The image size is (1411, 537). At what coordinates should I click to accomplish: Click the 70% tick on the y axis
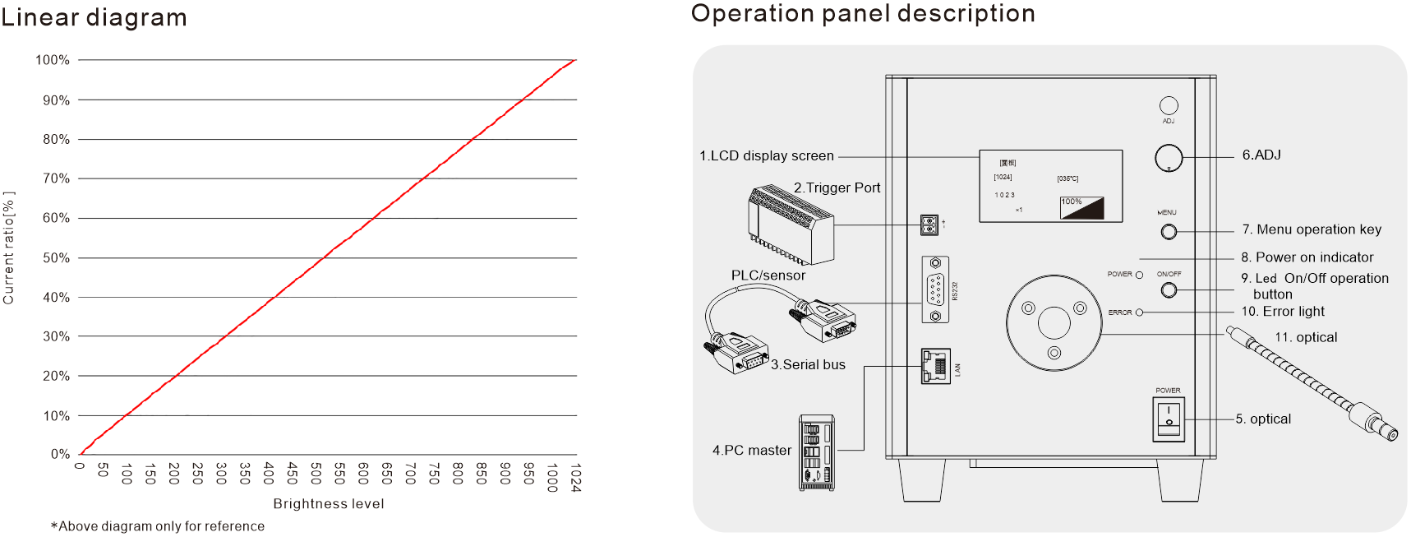[56, 178]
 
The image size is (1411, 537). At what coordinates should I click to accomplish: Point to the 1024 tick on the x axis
[575, 478]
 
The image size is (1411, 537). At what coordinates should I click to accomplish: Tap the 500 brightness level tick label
[316, 474]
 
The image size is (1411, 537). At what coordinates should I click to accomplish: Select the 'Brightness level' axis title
[329, 503]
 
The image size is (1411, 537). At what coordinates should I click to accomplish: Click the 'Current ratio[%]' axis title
[9, 248]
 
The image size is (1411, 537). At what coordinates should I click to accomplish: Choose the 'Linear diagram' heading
[94, 17]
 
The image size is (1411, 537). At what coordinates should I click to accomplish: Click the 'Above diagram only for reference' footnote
[158, 526]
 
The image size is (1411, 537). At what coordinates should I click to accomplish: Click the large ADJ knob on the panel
[1168, 158]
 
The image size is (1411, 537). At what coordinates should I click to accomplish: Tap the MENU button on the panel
[1168, 232]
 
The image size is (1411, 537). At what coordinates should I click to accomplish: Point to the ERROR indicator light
[1139, 312]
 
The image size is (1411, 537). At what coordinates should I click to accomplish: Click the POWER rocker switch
[1168, 419]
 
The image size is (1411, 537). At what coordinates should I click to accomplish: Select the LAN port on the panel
[935, 367]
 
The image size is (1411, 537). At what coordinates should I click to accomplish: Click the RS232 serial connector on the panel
[935, 290]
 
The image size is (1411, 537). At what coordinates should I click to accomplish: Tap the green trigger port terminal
[929, 225]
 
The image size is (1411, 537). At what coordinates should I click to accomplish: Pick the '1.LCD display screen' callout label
[766, 156]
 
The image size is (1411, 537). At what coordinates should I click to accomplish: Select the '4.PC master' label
[751, 451]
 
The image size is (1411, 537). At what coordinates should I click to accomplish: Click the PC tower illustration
[816, 453]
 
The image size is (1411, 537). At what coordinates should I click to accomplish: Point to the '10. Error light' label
[1282, 312]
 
